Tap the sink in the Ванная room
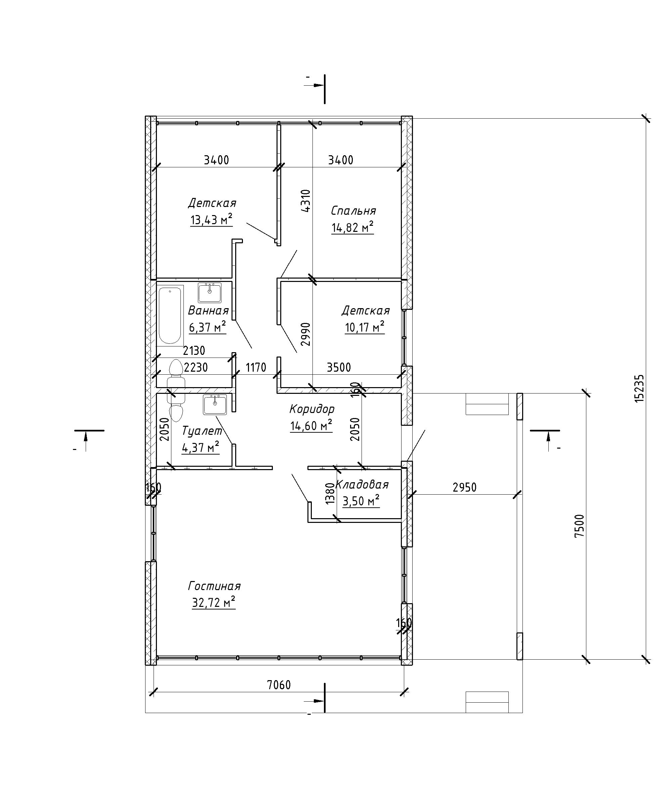coord(209,293)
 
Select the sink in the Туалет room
coord(215,405)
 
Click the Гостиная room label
coord(214,586)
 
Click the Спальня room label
coord(353,211)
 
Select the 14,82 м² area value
coord(352,227)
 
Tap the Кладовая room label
coord(362,485)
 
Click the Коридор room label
coord(312,409)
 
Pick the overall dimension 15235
coord(640,388)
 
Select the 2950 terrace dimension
coord(464,487)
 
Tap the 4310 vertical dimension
coord(306,201)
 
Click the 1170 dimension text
coord(256,368)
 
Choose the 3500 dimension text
coord(339,367)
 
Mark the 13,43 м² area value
coord(211,219)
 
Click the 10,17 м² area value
coord(365,327)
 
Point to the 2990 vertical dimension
coord(306,334)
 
